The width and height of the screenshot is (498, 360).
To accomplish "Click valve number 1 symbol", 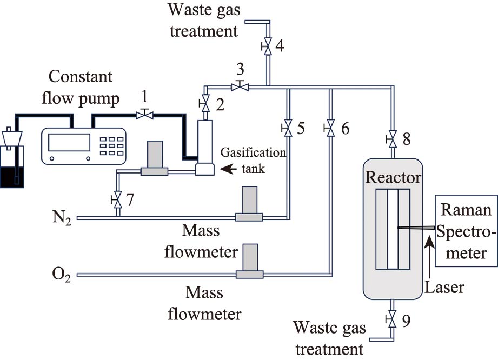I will click(144, 114).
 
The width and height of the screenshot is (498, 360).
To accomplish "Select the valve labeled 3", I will click(236, 85).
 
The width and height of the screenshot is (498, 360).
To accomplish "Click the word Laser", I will click(444, 286).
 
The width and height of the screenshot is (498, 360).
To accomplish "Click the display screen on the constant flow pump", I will click(68, 142).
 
